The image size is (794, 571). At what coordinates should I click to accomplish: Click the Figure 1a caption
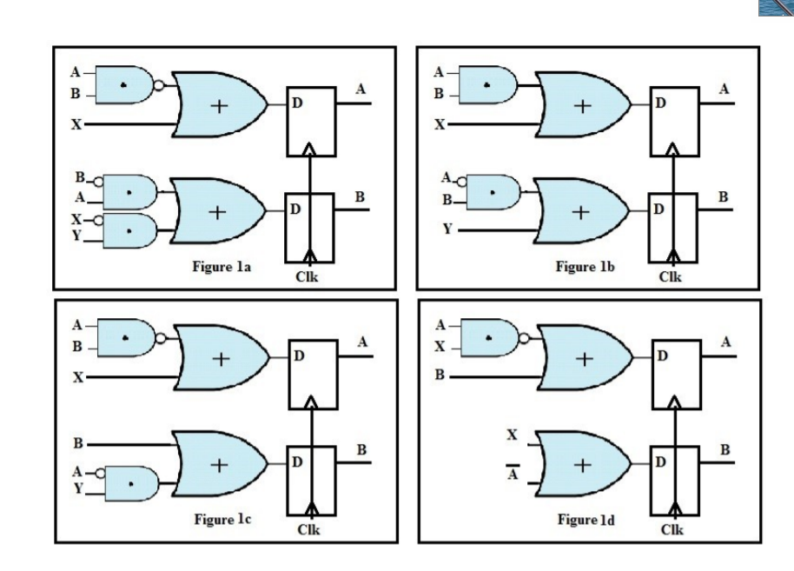[x=222, y=266]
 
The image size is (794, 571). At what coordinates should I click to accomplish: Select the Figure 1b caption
[x=586, y=266]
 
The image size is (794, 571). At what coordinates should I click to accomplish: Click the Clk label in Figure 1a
[x=308, y=277]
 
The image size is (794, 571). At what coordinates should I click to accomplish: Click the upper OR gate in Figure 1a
[x=220, y=105]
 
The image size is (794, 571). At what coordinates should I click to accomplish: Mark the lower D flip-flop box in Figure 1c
[x=310, y=477]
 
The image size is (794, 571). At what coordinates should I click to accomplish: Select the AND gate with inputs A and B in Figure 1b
[x=488, y=84]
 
